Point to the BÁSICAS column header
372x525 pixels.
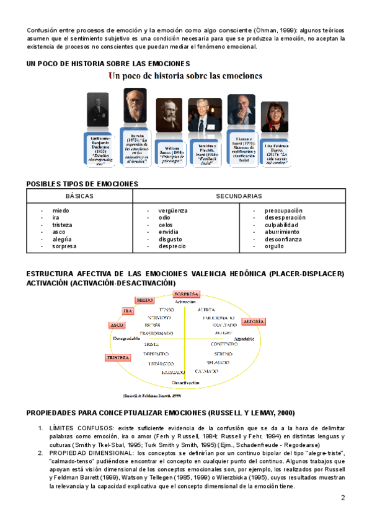click(x=79, y=196)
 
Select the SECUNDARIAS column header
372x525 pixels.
click(x=239, y=196)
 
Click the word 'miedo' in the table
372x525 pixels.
click(x=61, y=211)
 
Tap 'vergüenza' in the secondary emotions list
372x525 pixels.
click(x=173, y=211)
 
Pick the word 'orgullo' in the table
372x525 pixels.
click(x=274, y=246)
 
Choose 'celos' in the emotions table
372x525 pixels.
click(x=166, y=225)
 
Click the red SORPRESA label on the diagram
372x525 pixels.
click(x=186, y=293)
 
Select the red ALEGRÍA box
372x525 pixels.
click(x=254, y=322)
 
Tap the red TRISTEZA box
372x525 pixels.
click(x=118, y=358)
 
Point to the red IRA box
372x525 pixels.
click(x=128, y=311)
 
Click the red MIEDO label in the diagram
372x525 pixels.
click(x=144, y=300)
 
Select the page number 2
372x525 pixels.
click(x=343, y=498)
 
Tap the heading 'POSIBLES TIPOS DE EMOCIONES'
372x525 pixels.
click(x=82, y=184)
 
